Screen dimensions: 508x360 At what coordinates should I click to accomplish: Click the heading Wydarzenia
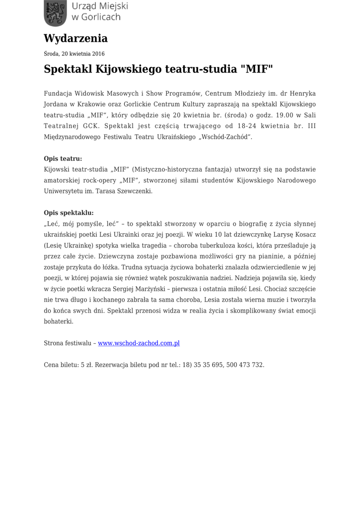[x=75, y=38]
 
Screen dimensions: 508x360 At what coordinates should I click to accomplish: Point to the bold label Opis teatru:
[x=63, y=159]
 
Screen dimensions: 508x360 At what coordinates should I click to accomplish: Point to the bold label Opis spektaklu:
[x=69, y=213]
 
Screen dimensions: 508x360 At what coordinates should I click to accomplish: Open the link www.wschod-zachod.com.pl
[x=139, y=343]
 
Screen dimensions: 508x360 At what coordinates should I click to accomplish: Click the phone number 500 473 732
[x=245, y=365]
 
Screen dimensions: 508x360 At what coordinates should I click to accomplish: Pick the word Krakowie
[x=93, y=104]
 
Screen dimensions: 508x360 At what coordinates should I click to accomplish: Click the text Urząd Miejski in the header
[x=100, y=6]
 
